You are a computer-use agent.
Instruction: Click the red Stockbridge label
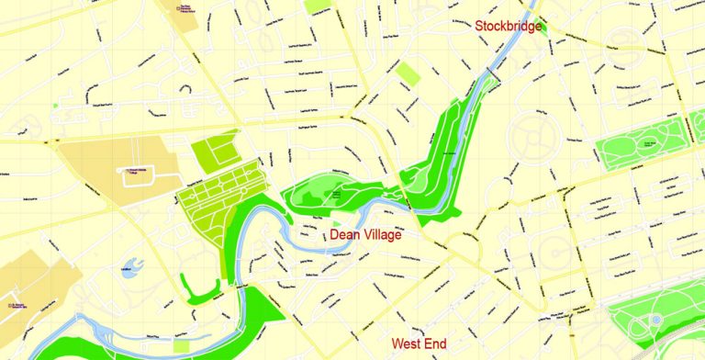[x=508, y=26]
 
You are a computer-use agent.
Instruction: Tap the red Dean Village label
[x=365, y=235]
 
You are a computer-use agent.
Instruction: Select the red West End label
[x=419, y=344]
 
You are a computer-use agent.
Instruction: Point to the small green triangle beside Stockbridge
[x=542, y=27]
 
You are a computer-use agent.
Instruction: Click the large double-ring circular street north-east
[x=531, y=137]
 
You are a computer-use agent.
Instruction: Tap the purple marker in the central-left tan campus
[x=120, y=170]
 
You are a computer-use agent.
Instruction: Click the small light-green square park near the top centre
[x=408, y=74]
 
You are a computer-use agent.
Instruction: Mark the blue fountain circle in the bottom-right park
[x=656, y=320]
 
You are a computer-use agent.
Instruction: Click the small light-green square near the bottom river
[x=182, y=346]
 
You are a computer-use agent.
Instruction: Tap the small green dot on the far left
[x=55, y=106]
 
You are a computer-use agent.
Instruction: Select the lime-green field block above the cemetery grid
[x=216, y=149]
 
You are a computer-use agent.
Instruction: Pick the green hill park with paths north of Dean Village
[x=335, y=190]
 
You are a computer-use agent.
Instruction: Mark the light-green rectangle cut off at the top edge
[x=318, y=6]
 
